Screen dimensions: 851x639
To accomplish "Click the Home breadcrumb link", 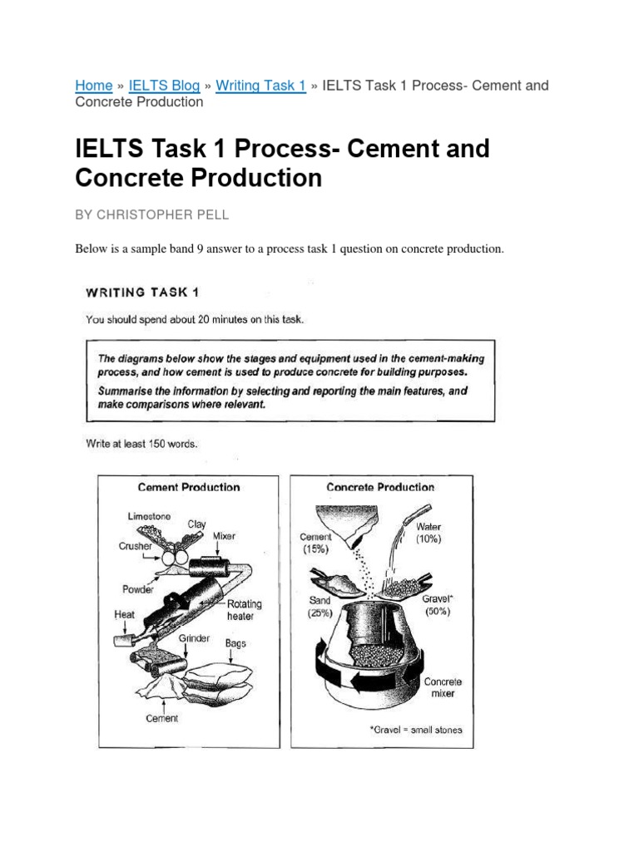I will tap(93, 86).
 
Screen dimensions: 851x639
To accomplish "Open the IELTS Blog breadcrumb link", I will tap(166, 86).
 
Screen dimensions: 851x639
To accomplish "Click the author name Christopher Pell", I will tap(151, 214).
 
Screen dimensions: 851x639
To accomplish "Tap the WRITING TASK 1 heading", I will tap(141, 292).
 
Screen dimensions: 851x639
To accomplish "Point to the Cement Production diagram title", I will tap(188, 488).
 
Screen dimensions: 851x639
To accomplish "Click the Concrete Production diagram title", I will tap(380, 488).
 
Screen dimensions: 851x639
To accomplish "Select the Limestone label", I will tap(149, 516).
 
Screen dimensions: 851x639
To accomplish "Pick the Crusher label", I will tap(136, 546).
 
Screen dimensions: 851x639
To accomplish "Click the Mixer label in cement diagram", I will tap(224, 536).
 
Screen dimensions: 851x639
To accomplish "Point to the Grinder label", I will tap(192, 639).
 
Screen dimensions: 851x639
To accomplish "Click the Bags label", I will tap(235, 643).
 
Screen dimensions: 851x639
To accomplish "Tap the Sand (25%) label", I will tap(319, 606).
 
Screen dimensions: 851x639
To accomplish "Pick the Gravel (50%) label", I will tap(437, 604).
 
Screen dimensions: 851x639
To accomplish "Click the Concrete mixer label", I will tap(443, 687).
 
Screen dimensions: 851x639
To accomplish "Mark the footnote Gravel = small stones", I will tap(416, 730).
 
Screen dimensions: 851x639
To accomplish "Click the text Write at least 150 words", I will tap(141, 444).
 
